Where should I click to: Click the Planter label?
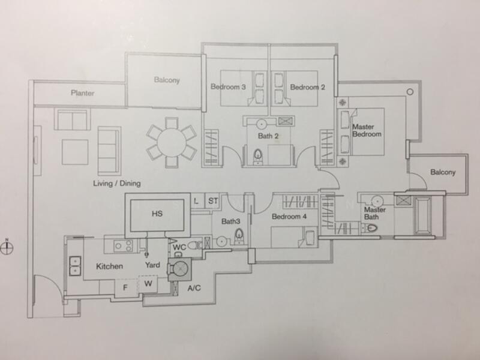click(x=83, y=93)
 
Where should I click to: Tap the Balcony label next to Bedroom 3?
click(x=167, y=80)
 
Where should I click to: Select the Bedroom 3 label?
click(x=228, y=87)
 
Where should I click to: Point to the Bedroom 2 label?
click(x=308, y=87)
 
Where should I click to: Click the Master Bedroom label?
click(x=367, y=130)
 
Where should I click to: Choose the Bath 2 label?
click(x=268, y=136)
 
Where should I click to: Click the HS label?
click(x=157, y=213)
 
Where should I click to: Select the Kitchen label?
click(x=109, y=266)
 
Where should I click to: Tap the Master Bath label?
click(x=375, y=212)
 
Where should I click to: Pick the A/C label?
click(x=194, y=289)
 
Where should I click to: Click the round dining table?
click(x=172, y=142)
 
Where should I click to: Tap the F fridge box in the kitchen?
click(x=125, y=286)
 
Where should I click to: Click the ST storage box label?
click(x=213, y=202)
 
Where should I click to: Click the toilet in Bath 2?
click(x=258, y=157)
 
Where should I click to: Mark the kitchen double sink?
click(x=75, y=265)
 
